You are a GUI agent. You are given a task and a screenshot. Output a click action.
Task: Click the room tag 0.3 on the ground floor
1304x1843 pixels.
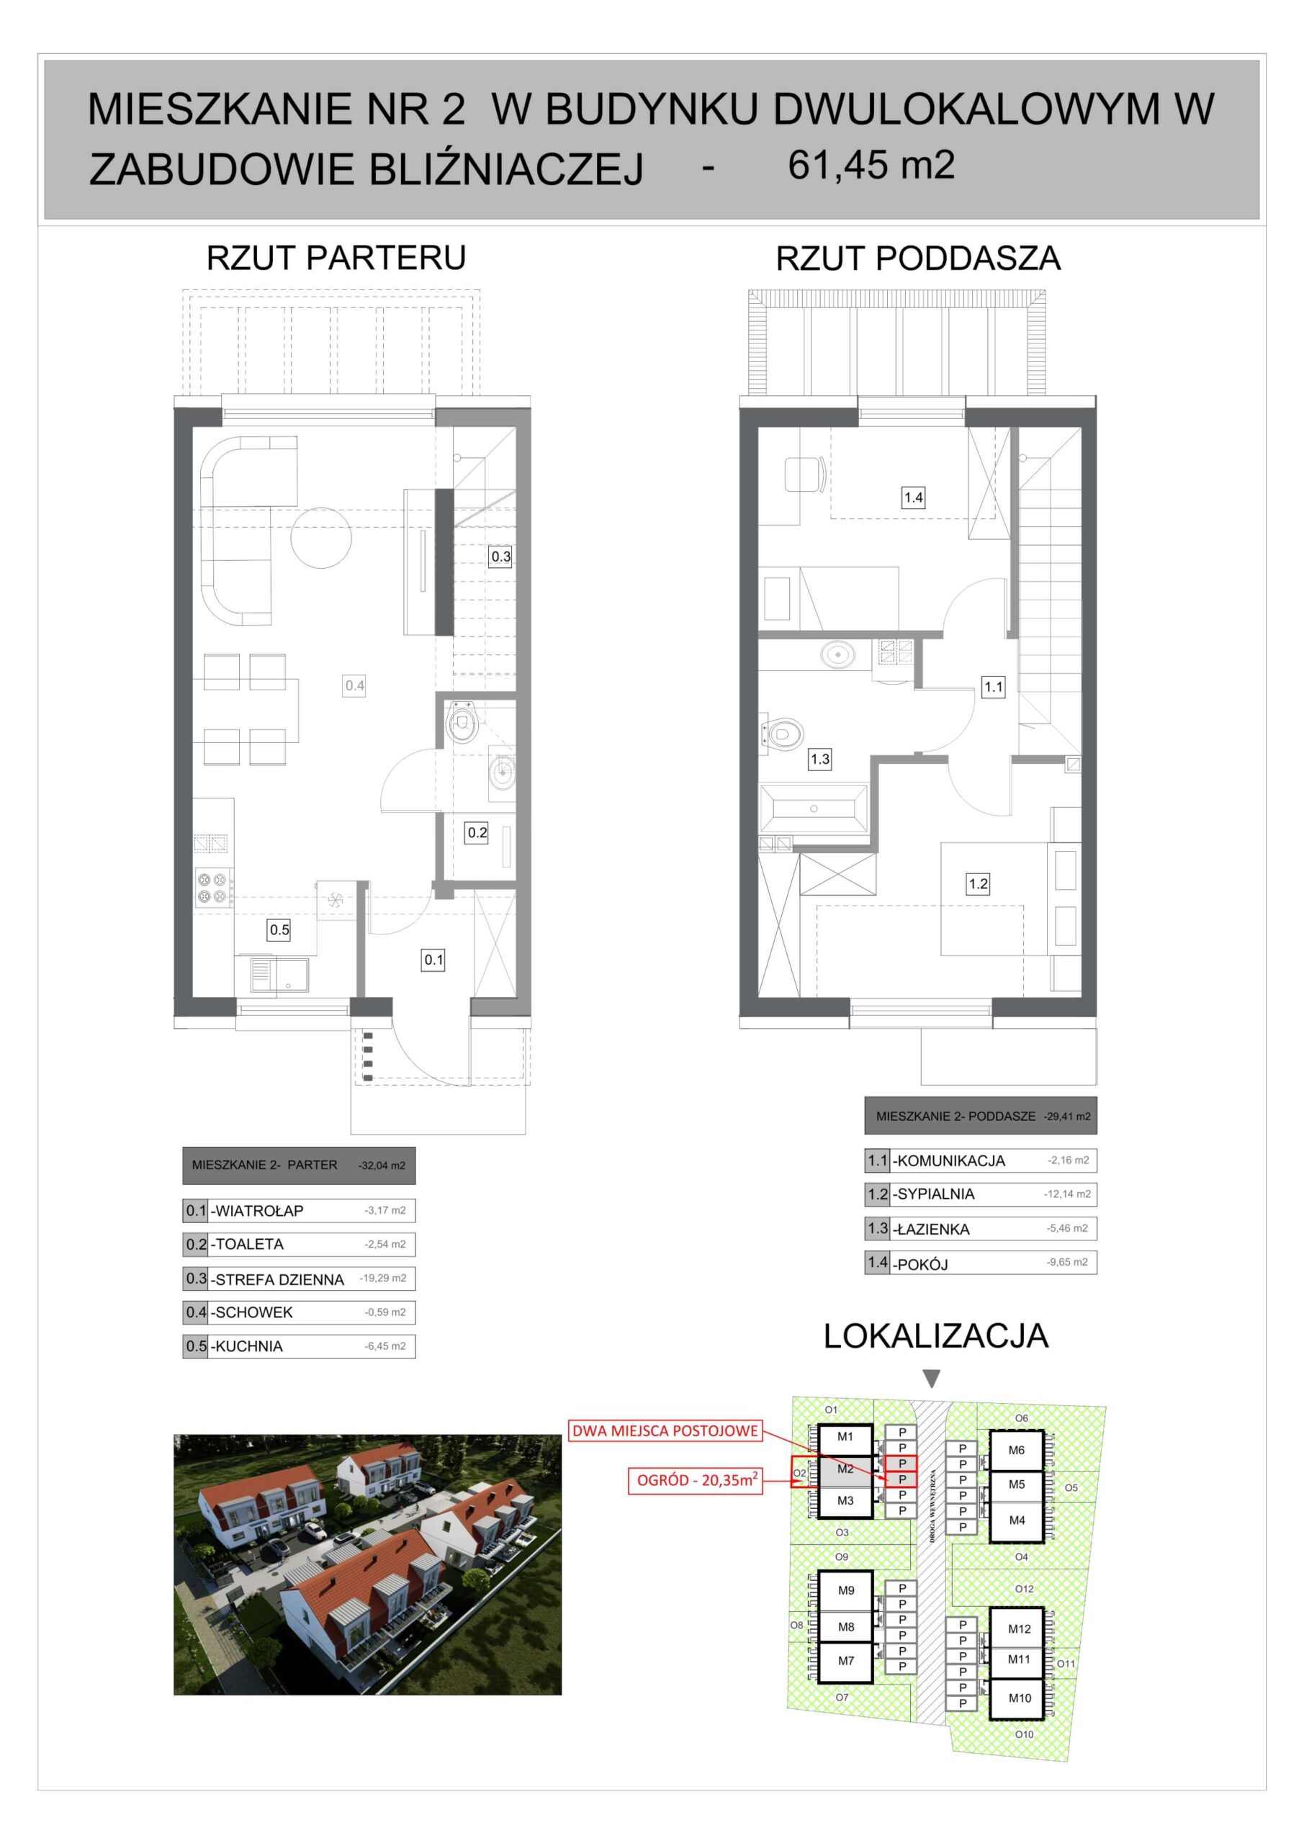click(x=500, y=556)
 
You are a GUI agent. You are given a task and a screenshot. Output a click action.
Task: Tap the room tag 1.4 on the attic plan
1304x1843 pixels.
click(x=913, y=497)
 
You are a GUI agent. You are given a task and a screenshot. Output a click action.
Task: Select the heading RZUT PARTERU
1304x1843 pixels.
click(x=336, y=258)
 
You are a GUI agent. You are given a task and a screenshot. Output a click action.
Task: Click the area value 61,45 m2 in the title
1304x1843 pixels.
click(x=871, y=166)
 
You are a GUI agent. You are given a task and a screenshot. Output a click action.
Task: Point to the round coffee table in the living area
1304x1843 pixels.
click(x=321, y=538)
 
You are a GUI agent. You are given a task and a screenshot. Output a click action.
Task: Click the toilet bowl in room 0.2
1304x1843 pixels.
click(x=462, y=721)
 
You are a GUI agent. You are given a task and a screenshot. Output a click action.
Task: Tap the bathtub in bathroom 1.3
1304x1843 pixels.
click(x=814, y=809)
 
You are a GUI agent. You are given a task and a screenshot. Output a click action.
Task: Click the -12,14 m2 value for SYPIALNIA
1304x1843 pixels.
click(x=1067, y=1194)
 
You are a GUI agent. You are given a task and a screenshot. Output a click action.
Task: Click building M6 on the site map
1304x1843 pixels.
click(x=1016, y=1451)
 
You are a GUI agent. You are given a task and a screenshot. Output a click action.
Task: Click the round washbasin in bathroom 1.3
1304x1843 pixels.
click(x=837, y=654)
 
